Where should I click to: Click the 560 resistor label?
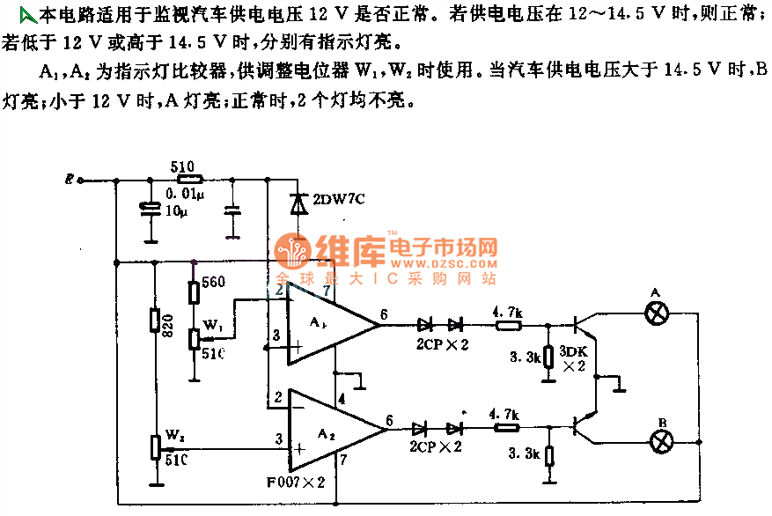[x=214, y=282]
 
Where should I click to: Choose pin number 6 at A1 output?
[x=384, y=313]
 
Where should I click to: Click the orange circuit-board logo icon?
[x=290, y=254]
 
